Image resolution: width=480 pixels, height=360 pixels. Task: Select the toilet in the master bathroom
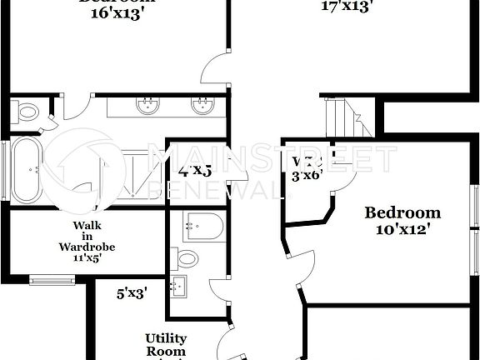point(27,111)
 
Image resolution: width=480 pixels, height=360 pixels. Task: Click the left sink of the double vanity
point(147,105)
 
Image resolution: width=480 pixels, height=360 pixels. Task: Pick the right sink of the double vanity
point(202,105)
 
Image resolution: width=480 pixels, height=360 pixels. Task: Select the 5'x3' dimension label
point(132,293)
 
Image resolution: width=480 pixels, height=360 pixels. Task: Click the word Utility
point(166,339)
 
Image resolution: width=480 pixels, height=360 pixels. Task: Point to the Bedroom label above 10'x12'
point(402,212)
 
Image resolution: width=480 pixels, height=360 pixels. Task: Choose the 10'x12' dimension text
point(402,229)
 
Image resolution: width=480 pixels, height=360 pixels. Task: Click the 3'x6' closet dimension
point(306,174)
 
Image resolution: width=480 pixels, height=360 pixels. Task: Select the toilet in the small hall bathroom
point(187,257)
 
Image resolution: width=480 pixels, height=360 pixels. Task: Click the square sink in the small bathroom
point(178,287)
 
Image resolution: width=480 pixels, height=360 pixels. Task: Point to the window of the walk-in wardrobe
point(52,280)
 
